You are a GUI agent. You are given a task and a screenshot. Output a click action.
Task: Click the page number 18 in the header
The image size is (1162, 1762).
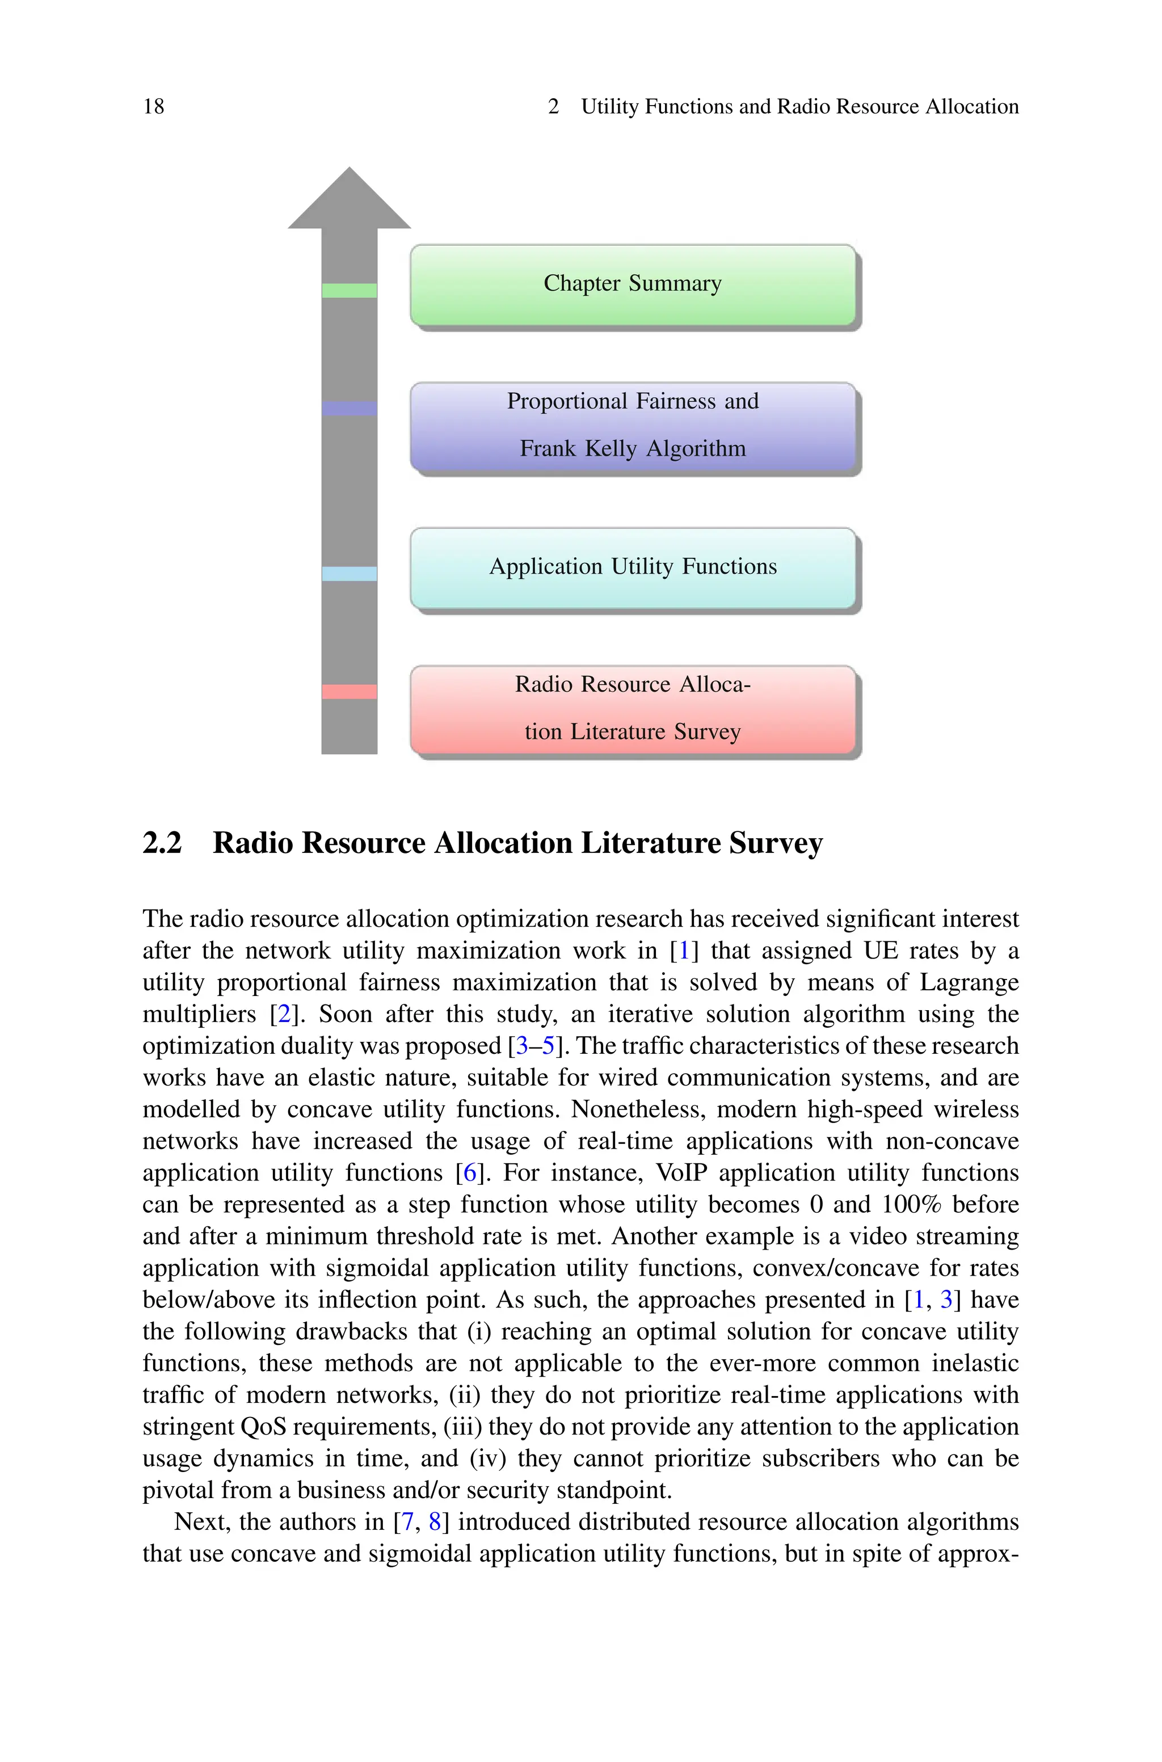click(153, 107)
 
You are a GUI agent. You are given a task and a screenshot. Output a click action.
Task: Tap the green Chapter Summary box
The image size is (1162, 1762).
click(632, 284)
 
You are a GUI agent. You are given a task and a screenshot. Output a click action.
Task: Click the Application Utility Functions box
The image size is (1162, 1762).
click(632, 567)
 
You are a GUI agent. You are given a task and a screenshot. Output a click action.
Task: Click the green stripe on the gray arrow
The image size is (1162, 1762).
click(349, 291)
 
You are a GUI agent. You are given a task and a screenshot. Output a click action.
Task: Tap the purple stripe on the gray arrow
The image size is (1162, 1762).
click(349, 408)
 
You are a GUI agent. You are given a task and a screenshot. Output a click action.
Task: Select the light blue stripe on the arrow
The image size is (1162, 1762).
click(349, 574)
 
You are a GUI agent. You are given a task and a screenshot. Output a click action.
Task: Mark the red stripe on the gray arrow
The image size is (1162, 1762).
click(349, 691)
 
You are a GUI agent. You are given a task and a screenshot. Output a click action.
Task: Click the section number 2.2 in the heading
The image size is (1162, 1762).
click(162, 843)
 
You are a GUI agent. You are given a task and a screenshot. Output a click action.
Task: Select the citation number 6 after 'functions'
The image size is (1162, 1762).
click(469, 1173)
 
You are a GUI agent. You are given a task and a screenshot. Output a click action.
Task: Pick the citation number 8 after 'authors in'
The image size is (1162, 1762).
click(435, 1522)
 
